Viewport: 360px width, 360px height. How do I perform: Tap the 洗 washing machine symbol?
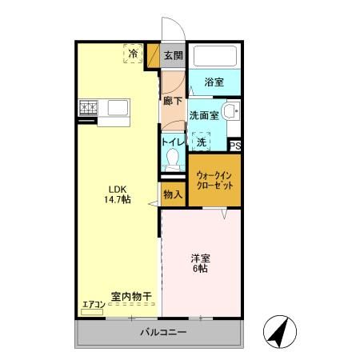(x=202, y=141)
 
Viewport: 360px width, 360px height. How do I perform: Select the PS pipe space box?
(x=234, y=146)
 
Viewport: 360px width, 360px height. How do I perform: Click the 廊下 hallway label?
(x=172, y=101)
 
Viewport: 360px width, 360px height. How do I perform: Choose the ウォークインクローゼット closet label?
(x=214, y=179)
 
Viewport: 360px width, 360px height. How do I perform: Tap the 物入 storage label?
(x=173, y=194)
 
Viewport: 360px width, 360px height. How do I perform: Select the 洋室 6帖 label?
(x=200, y=263)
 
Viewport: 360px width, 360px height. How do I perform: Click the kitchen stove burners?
(x=87, y=107)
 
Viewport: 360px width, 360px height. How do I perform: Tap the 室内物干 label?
(x=132, y=296)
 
